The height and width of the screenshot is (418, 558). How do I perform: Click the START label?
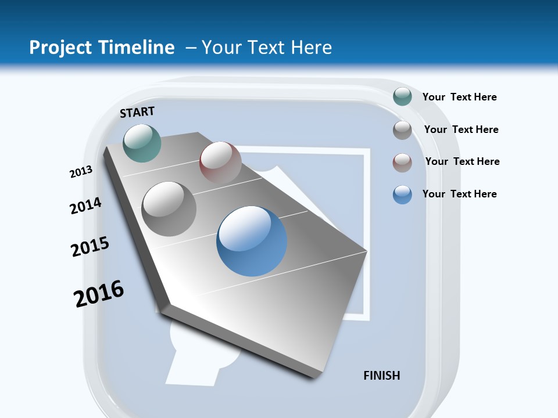(137, 112)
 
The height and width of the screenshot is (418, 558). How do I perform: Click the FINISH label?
(382, 376)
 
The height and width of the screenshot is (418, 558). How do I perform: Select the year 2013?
(81, 172)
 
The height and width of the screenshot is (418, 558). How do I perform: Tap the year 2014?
(85, 206)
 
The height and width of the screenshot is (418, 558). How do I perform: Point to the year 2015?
(90, 247)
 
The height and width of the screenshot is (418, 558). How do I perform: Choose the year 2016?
(99, 294)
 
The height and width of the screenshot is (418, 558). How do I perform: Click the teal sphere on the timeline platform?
(142, 143)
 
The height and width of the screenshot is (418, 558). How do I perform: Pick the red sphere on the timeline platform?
(220, 163)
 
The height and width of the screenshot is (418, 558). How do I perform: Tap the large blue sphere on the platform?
(252, 241)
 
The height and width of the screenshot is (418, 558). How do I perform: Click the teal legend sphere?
(402, 96)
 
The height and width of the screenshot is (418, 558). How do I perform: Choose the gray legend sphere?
(402, 129)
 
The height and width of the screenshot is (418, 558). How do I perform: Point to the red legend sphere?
(402, 163)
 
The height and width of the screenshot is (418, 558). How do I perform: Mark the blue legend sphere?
(402, 194)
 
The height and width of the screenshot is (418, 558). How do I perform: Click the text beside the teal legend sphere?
(459, 97)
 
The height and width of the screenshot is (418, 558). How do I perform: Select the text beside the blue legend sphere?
(459, 194)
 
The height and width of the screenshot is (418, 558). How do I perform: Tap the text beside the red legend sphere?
(462, 161)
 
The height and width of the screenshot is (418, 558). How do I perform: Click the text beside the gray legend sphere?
(461, 129)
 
